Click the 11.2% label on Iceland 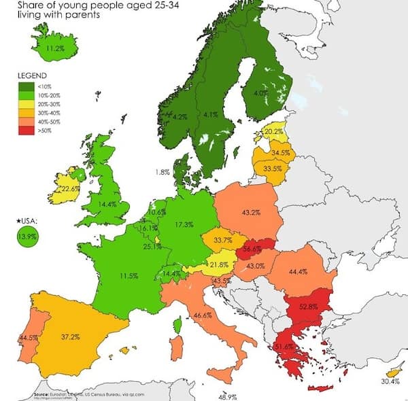point(55,48)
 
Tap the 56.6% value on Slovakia point(252,249)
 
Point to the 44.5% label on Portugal point(28,337)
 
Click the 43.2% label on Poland point(251,213)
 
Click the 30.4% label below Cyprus point(390,381)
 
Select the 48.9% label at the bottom point(226,396)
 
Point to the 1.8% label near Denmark point(162,172)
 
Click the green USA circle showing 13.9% point(27,236)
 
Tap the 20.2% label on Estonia point(273,131)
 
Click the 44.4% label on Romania point(299,271)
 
